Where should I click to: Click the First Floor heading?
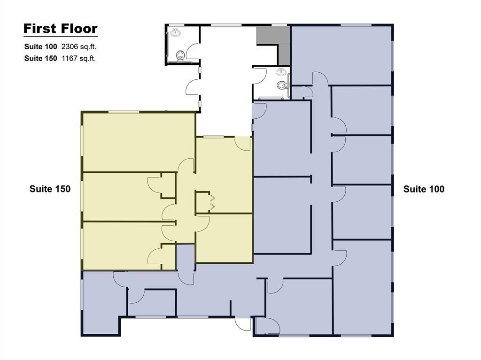pyautogui.click(x=60, y=29)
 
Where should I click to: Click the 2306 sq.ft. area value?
pyautogui.click(x=79, y=47)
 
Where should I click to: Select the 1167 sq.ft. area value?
pyautogui.click(x=79, y=59)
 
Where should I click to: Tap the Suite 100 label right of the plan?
pyautogui.click(x=424, y=189)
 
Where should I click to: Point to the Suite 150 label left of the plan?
pyautogui.click(x=50, y=189)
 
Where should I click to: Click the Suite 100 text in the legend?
pyautogui.click(x=41, y=47)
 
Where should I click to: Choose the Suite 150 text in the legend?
pyautogui.click(x=41, y=59)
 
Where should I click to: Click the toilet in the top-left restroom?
pyautogui.click(x=179, y=56)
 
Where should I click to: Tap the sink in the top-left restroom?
pyautogui.click(x=176, y=32)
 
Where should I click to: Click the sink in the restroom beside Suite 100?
pyautogui.click(x=281, y=71)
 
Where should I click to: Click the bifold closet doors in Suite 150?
pyautogui.click(x=212, y=202)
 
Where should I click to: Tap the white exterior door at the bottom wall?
pyautogui.click(x=243, y=324)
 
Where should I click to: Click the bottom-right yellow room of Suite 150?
pyautogui.click(x=224, y=237)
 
